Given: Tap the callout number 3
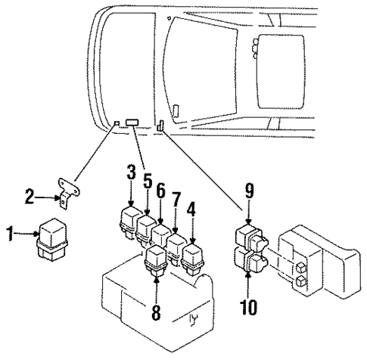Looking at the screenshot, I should [130, 172].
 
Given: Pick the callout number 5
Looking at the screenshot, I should [148, 182].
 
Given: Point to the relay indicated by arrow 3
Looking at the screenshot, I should [127, 219].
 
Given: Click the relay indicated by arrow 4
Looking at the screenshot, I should [193, 254].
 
